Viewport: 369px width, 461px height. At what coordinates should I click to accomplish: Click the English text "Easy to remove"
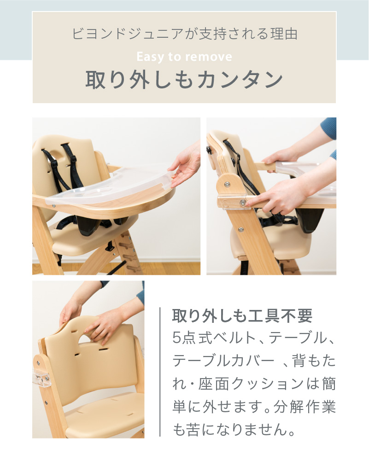pos(184,57)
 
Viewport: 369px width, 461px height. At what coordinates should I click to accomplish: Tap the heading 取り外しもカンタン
pos(184,80)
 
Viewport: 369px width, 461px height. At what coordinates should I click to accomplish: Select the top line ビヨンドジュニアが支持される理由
pos(184,34)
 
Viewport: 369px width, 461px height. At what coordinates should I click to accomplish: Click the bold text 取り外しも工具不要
pos(242,316)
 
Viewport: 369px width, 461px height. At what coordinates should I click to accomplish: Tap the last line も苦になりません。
pos(233,430)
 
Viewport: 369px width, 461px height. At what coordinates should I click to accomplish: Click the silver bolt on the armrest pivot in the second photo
pos(227,184)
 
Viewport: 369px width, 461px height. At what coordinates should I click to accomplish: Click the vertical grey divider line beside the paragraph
pos(160,371)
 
